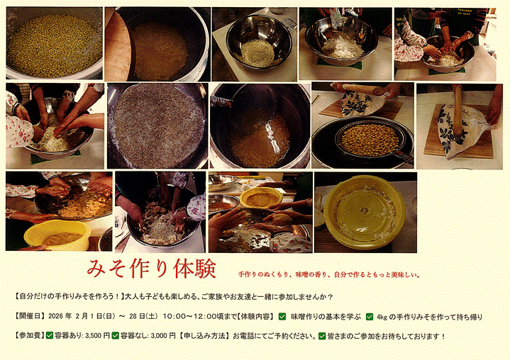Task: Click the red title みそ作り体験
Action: click(152, 269)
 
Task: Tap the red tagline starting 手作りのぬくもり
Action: click(329, 275)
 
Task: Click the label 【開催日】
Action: click(30, 316)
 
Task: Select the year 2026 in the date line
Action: click(55, 316)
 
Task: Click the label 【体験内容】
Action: click(255, 316)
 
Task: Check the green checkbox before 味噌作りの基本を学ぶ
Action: click(282, 317)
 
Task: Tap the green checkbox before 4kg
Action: click(369, 317)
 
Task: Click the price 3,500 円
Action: click(97, 336)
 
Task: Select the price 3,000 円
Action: click(163, 336)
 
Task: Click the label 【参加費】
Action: click(30, 336)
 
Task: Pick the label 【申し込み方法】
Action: click(204, 336)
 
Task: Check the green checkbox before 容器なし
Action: click(115, 336)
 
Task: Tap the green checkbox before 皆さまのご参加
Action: click(322, 336)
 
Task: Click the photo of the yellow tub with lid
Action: click(365, 213)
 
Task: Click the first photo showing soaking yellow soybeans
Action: click(55, 43)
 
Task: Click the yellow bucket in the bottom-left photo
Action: click(57, 235)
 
